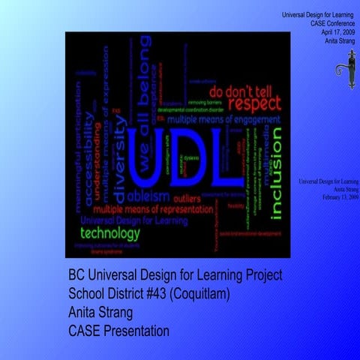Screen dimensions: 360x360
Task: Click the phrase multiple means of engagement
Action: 220,118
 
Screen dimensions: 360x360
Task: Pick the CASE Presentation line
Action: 118,330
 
